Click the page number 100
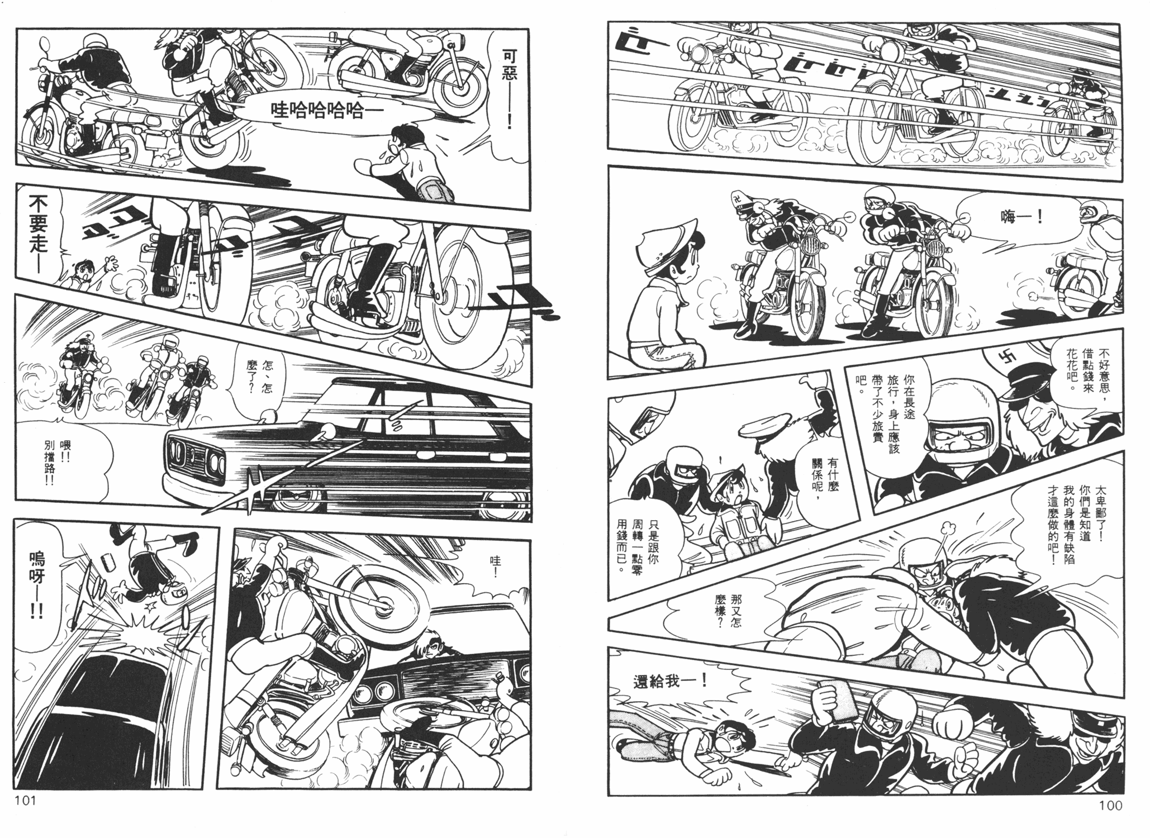1110,805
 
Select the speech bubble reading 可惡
506,84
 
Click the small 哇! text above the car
493,559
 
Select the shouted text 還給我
671,681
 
